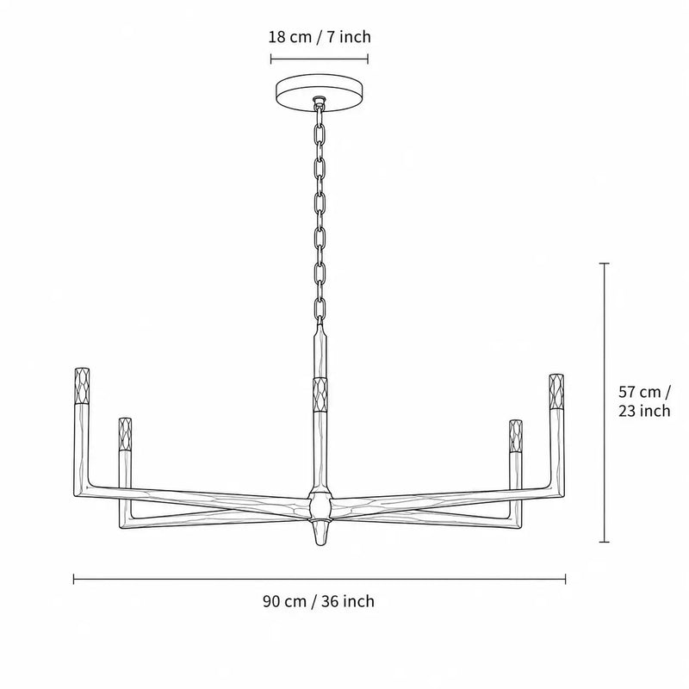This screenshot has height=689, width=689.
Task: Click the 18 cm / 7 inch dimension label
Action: point(320,37)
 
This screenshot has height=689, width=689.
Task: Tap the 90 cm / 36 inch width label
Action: point(319,600)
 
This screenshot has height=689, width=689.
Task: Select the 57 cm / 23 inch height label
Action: point(644,400)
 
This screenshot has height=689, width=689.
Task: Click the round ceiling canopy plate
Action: point(320,93)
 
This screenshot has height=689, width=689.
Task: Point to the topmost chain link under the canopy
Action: point(320,115)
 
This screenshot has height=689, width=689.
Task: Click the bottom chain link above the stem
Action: point(320,308)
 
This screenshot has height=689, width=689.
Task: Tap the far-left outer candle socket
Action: point(82,385)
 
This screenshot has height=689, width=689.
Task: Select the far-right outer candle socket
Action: point(556,391)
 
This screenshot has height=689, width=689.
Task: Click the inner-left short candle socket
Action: point(125,434)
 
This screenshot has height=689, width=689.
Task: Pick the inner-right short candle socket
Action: point(515,436)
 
